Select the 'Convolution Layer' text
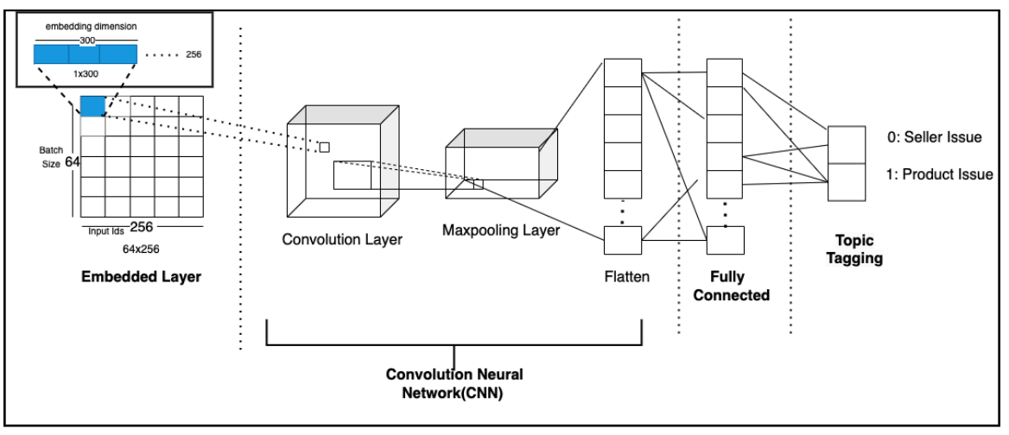tap(342, 239)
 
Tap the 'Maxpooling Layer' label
tap(501, 230)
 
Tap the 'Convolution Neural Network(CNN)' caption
tap(454, 384)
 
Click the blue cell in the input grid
tap(92, 106)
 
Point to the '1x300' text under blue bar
tap(85, 75)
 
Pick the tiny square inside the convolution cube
tap(324, 148)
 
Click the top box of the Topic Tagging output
tap(847, 144)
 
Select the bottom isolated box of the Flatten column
tap(622, 239)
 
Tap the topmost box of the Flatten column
tap(622, 73)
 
